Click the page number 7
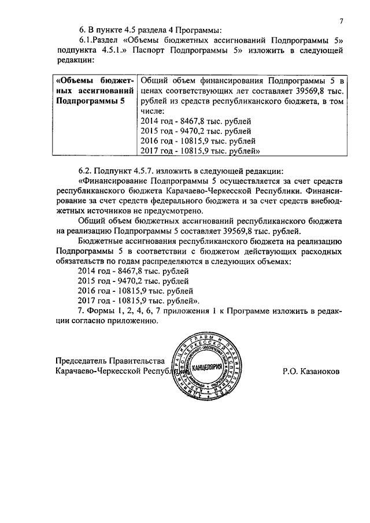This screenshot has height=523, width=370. coord(342,21)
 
